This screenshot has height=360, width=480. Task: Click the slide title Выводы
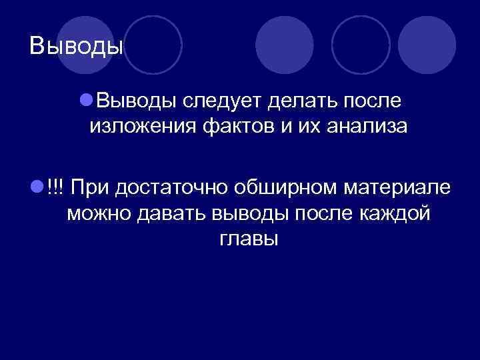click(x=77, y=46)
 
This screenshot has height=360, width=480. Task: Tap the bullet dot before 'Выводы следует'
click(x=85, y=100)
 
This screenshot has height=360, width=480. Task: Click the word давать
click(x=169, y=213)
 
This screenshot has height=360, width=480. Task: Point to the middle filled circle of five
click(x=285, y=45)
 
